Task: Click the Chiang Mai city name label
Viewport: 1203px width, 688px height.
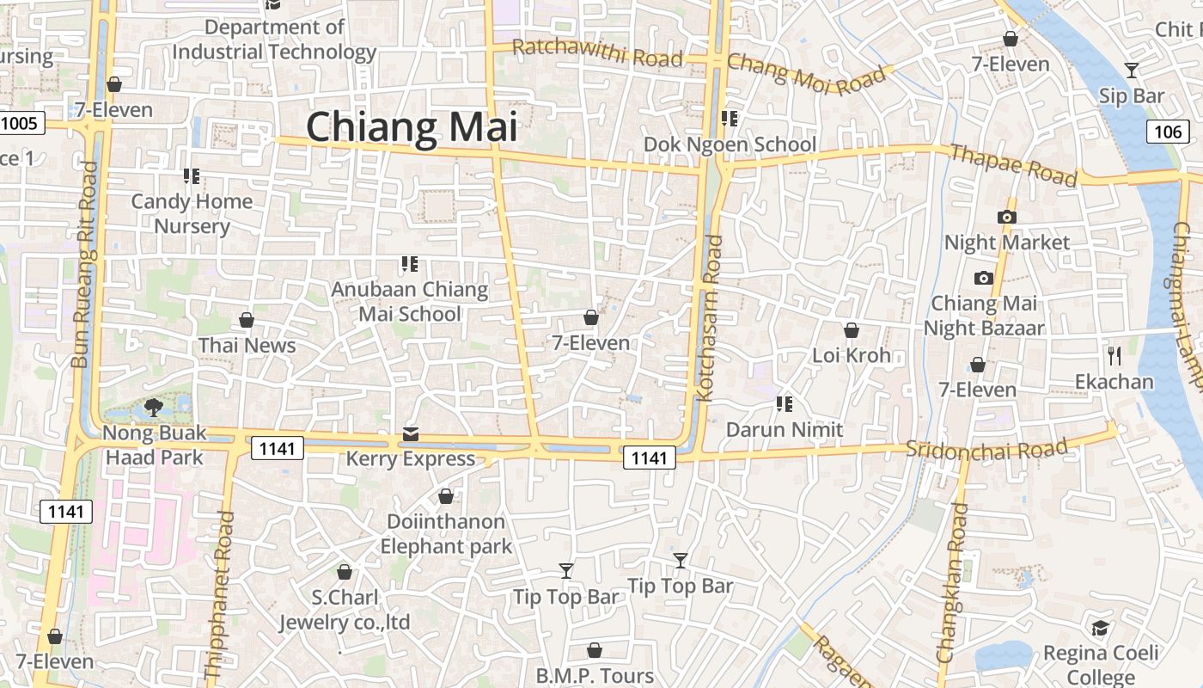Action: tap(412, 127)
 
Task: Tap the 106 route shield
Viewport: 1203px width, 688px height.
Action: tap(1168, 132)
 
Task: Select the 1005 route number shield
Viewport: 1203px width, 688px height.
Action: tap(19, 123)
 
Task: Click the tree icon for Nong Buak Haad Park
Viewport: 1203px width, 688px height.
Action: tap(155, 407)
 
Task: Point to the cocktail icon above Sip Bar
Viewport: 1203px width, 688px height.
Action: tap(1132, 71)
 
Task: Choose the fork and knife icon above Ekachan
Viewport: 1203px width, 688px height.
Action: tap(1114, 355)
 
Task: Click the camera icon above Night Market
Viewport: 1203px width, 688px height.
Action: tap(1007, 217)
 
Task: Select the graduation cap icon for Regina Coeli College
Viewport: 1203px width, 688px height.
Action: tap(1100, 628)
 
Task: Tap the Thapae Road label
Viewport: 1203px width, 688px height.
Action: tap(1013, 164)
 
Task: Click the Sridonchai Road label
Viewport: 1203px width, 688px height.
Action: tap(986, 448)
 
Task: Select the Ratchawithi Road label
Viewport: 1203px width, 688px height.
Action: tap(597, 53)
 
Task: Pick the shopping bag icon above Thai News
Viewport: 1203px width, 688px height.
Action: tap(247, 320)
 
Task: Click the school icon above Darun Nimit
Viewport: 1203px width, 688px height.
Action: tap(784, 402)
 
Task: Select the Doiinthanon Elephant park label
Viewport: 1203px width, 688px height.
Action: tap(446, 533)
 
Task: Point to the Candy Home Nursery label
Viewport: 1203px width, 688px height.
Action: tap(192, 213)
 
